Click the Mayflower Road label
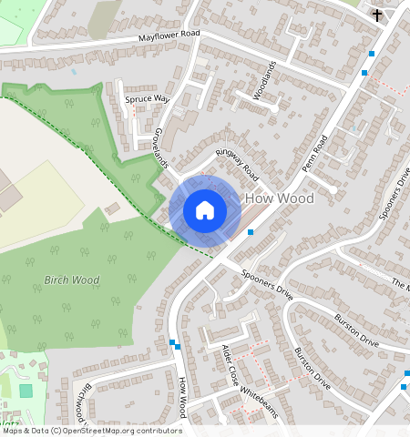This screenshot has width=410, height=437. pos(169,37)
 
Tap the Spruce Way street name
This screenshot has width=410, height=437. pos(148,98)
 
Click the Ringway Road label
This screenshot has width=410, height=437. pos(237,163)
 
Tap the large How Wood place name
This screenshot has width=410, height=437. pos(282,198)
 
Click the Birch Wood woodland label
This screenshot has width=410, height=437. pos(71,279)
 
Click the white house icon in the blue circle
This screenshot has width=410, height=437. pos(205,210)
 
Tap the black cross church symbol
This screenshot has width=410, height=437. pos(377,15)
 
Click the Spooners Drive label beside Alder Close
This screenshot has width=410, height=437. pos(267,284)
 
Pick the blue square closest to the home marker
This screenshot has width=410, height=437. pos(250,232)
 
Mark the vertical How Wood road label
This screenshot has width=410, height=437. pos(183,398)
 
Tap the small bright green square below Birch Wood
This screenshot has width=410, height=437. pos(26,391)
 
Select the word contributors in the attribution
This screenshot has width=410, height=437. pos(158,431)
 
